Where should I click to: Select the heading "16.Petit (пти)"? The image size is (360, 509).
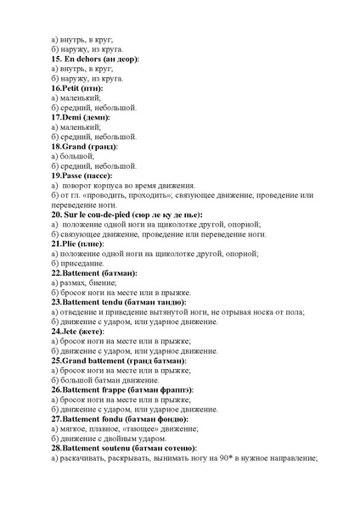coord(80,88)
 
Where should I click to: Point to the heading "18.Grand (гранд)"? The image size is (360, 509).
coord(89,146)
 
